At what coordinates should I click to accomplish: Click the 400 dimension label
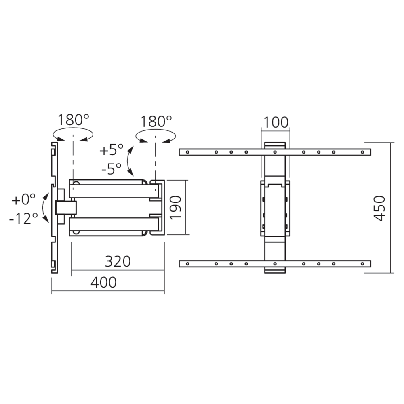point(103,282)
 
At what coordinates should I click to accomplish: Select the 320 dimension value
point(118,261)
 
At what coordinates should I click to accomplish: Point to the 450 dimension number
point(379,208)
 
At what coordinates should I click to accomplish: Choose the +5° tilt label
point(112,150)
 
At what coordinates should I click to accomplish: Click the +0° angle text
point(24,199)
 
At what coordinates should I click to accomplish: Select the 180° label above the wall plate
point(73,120)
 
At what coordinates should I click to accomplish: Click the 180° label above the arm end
point(156,121)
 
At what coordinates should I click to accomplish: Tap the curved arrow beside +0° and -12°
point(46,208)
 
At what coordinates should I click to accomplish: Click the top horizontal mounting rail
point(275,152)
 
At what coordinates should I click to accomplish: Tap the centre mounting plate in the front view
point(275,209)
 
